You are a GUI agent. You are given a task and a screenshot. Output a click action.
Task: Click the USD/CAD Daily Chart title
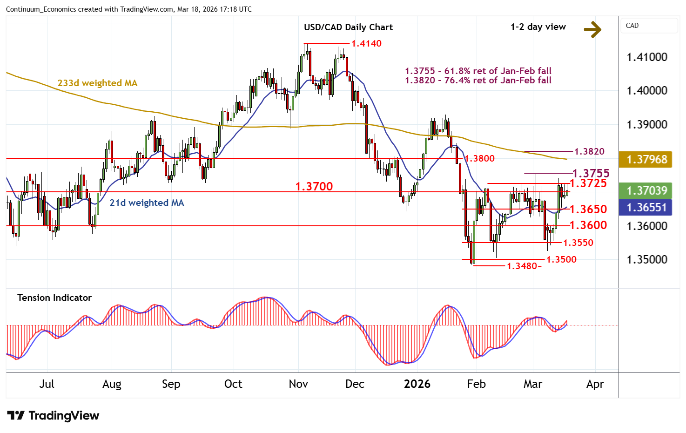[x=348, y=27]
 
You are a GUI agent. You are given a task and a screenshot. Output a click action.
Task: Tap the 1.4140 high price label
[x=366, y=43]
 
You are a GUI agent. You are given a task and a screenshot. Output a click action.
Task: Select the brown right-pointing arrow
[x=592, y=29]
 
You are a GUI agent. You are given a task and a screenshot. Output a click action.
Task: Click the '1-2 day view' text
[x=538, y=27]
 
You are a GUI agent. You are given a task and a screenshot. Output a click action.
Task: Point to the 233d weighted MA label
[x=97, y=83]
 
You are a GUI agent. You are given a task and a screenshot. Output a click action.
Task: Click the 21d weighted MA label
[x=147, y=203]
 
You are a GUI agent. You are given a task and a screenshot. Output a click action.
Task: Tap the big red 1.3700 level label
[x=314, y=186]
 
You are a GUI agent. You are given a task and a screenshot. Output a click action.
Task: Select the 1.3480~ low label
[x=524, y=266]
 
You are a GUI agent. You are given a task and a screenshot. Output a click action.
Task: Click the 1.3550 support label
[x=578, y=243]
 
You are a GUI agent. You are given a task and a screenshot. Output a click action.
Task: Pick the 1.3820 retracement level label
[x=589, y=151]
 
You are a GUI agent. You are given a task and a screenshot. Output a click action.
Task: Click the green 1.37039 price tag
[x=646, y=190]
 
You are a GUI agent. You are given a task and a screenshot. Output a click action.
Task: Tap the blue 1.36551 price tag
[x=646, y=207]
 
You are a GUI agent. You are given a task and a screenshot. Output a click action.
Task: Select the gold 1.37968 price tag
[x=646, y=159]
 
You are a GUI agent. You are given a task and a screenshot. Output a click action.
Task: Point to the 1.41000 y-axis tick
[x=647, y=57]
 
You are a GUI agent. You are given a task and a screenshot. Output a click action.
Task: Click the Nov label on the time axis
[x=298, y=384]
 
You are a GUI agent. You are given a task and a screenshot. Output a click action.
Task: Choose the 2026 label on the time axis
[x=417, y=384]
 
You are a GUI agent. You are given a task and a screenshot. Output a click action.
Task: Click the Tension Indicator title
[x=54, y=298]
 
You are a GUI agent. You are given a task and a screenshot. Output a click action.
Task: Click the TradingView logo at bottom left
[x=53, y=415]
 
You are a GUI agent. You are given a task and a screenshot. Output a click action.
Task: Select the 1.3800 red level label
[x=480, y=158]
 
